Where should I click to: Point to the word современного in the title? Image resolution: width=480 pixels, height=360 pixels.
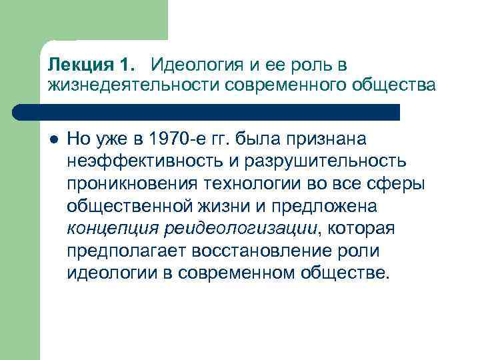tap(279, 86)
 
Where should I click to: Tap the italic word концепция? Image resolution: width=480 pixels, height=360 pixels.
tap(107, 229)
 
